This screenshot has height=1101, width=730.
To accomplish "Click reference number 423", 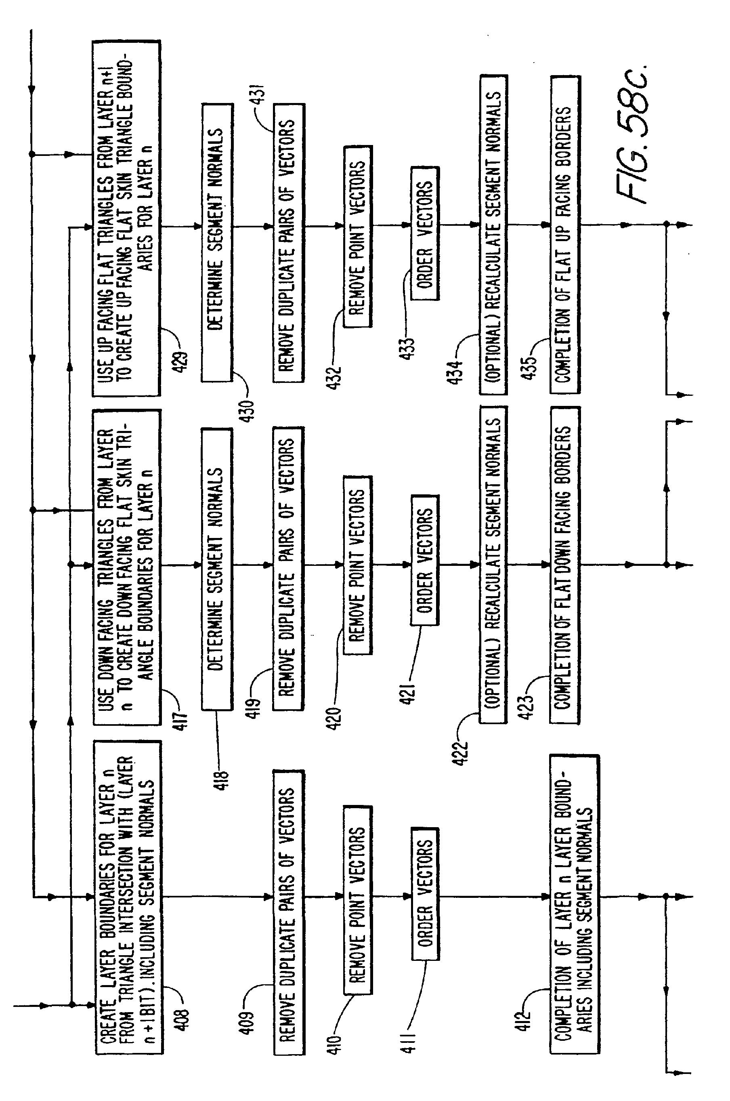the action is (x=527, y=708).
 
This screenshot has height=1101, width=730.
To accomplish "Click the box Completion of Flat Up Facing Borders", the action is (x=565, y=235).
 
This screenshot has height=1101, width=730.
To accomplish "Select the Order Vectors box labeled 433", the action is (x=425, y=233).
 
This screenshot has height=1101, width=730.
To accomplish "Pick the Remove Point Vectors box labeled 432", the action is (x=358, y=237).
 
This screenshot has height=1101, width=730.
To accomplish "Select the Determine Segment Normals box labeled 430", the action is (x=217, y=243).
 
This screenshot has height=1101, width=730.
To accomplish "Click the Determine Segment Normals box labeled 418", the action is (x=217, y=569).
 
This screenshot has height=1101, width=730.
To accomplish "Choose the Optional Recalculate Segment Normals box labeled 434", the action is (x=493, y=235).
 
